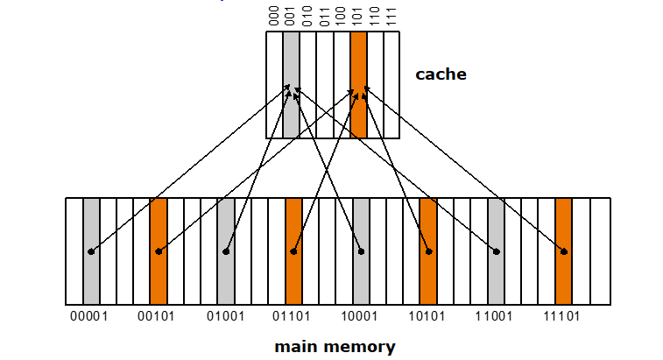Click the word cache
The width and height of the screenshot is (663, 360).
441,74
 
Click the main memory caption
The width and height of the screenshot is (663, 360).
335,346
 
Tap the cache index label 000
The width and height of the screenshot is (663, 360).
274,15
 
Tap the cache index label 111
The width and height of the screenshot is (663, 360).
391,15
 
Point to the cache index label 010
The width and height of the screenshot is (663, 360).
307,15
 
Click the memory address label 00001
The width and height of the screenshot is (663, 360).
89,316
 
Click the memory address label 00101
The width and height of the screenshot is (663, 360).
158,316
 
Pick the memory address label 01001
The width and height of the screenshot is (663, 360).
225,316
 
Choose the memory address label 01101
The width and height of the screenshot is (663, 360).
293,316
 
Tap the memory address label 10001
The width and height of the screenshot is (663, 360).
361,316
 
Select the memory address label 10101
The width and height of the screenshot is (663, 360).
428,316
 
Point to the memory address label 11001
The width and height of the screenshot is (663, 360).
496,316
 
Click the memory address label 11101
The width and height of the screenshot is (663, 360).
563,316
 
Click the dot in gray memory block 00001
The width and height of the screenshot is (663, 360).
91,252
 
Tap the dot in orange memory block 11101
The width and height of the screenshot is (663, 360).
564,252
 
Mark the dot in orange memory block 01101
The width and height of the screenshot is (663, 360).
293,252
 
